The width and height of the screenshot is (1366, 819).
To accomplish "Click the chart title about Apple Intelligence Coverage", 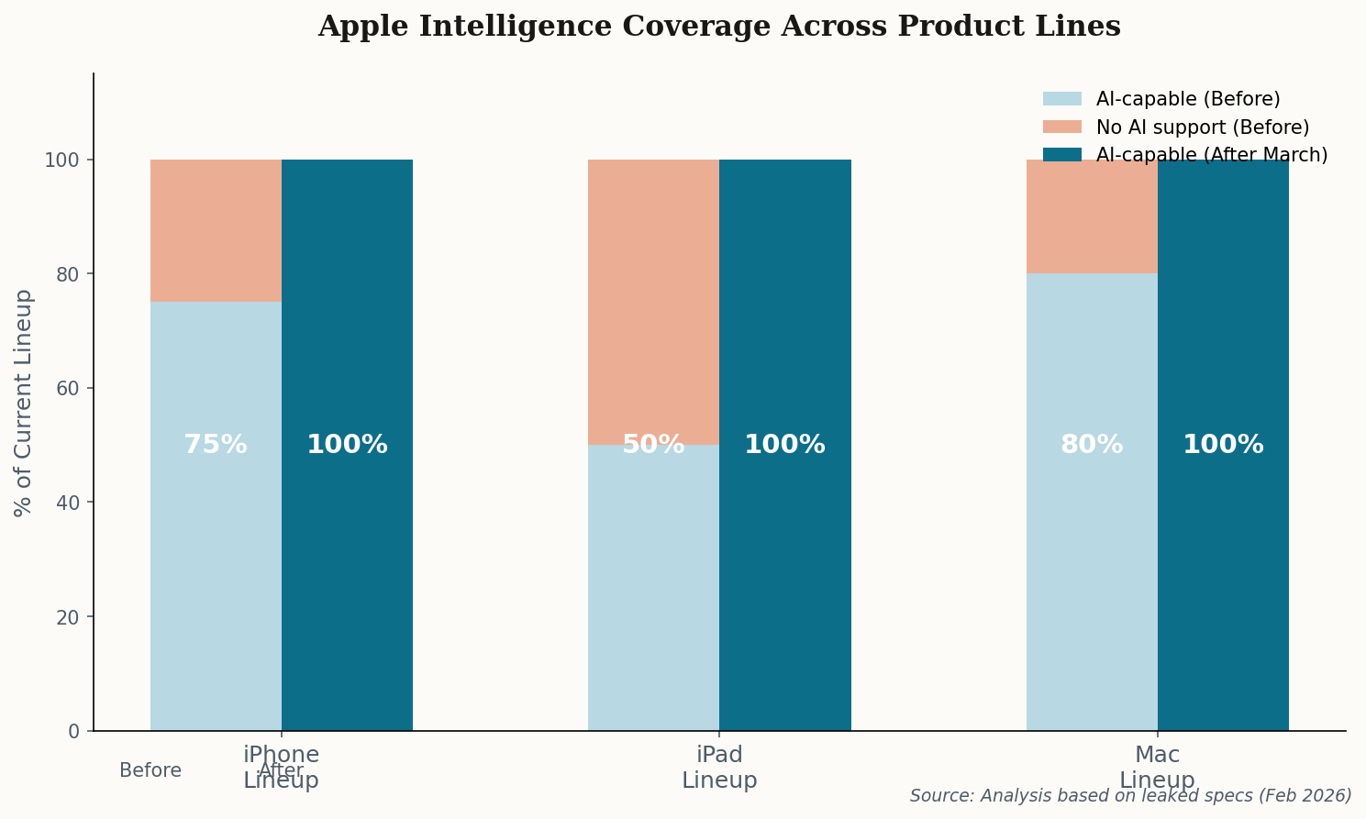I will point(718,27).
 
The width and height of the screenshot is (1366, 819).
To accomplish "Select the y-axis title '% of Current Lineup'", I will point(24,403).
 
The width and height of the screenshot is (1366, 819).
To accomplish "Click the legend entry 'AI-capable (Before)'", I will point(1187,99).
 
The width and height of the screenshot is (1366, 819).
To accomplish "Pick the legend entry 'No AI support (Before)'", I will point(1202,127).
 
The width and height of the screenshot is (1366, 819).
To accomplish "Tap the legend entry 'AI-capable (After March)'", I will point(1211,155).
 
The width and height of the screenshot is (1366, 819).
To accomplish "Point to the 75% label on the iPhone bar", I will point(216,445).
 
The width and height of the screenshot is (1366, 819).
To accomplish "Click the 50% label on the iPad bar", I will point(653,445).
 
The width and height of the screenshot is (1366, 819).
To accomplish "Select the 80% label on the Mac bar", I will point(1091,445).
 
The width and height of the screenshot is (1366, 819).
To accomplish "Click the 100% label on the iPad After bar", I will point(784,445).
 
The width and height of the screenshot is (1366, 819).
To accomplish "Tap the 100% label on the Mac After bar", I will point(1223,445).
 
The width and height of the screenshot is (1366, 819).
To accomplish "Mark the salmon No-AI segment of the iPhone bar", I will point(216,230).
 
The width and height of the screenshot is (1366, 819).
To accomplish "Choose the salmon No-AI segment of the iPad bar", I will point(653,302).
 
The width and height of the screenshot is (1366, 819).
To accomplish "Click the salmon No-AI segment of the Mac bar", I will point(1091,216).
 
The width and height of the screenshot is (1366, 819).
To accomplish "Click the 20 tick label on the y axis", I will point(69,616).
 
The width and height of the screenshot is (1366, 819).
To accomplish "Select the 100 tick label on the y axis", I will point(63,160).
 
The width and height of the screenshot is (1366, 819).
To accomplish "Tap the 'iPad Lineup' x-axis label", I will point(719,768).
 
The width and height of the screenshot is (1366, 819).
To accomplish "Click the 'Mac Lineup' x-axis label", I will point(1157,768).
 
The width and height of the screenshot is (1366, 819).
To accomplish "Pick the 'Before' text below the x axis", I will point(150,771).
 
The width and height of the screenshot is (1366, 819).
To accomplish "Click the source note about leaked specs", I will point(1130,795).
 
